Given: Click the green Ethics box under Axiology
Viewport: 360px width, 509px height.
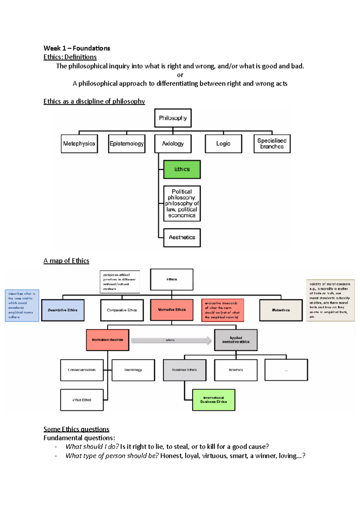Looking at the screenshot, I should pos(182,169).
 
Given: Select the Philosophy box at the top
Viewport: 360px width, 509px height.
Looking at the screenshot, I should pos(173,118).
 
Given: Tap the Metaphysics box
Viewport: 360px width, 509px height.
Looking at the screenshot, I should pos(79,144).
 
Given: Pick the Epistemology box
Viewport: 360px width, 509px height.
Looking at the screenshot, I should pos(127,144).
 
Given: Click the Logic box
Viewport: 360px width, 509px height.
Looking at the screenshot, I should pos(223,144).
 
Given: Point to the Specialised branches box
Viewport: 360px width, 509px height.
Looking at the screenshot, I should pos(272,144).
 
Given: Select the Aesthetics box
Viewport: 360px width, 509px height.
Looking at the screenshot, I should pos(182,237).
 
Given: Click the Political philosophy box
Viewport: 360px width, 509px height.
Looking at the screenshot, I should pos(182,203).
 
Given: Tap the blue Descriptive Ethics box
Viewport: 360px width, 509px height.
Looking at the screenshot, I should pos(63,310).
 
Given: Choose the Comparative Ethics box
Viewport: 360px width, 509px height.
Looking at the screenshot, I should pos(122,310).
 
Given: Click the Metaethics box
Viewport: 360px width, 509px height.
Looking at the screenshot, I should pos(281,310).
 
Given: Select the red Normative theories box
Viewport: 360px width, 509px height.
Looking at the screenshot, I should pos(107,340).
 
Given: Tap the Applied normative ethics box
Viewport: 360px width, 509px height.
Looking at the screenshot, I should pos(236,340).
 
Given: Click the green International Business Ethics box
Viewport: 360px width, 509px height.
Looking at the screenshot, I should pos(214,400).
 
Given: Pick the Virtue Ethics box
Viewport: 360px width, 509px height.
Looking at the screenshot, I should pos(82,400).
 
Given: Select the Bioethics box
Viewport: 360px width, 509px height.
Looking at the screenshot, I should pos(236,370).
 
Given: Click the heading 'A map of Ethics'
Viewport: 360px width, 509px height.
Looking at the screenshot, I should pos(66,261).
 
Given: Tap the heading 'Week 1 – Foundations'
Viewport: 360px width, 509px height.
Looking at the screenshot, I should pos(77,48).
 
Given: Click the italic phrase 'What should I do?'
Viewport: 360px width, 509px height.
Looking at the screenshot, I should pos(92,447).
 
